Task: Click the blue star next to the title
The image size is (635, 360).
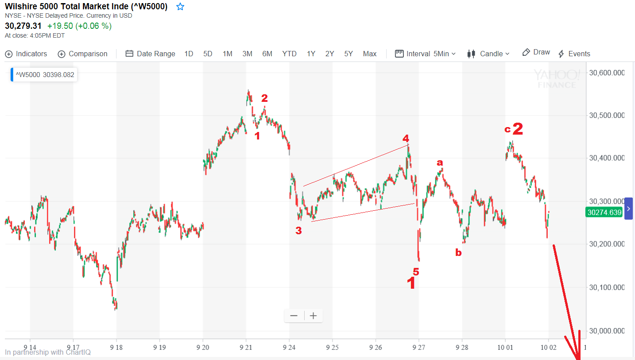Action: tap(180, 7)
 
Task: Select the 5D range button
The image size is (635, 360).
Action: tap(208, 54)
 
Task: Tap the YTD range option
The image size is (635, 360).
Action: tap(289, 54)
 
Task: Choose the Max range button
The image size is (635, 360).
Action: tap(369, 54)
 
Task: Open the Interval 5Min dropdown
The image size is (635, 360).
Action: tap(426, 54)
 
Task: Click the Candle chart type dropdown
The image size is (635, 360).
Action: tap(488, 54)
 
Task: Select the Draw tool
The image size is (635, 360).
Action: tap(536, 52)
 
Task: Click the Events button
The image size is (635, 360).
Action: tap(574, 54)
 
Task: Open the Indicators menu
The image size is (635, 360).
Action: tap(26, 54)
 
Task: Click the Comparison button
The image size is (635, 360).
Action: tap(83, 54)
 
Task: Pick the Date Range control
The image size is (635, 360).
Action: tap(151, 54)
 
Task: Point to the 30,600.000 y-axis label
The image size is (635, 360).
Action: tap(607, 73)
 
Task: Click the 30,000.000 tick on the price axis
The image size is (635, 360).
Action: tap(607, 331)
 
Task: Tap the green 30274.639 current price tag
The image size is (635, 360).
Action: tap(604, 213)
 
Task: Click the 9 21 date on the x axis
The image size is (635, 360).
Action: tap(246, 347)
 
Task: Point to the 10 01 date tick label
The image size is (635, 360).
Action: tap(505, 347)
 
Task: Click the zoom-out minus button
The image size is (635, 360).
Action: tap(294, 316)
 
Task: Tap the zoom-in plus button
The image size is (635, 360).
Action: tap(314, 316)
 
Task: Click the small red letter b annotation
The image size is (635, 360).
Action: tap(458, 253)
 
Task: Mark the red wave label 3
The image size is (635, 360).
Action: tap(298, 230)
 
